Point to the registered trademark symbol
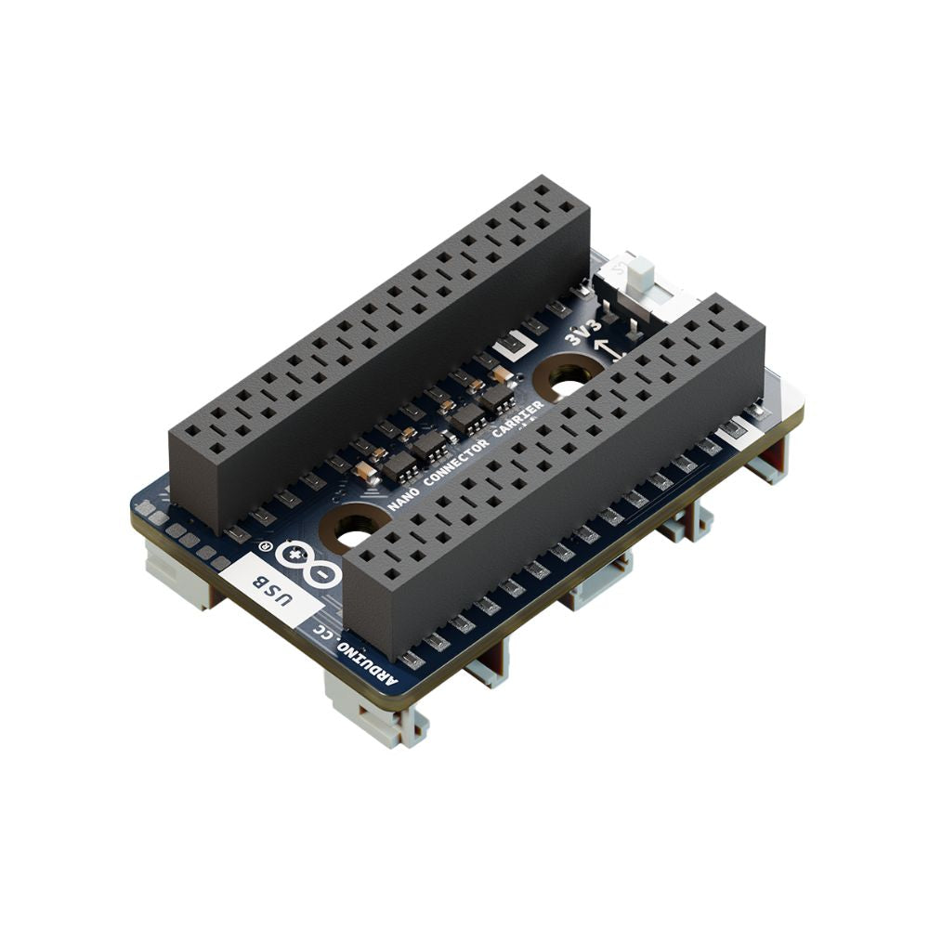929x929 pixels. pos(264,548)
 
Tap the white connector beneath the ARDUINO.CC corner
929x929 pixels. pos(372,710)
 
